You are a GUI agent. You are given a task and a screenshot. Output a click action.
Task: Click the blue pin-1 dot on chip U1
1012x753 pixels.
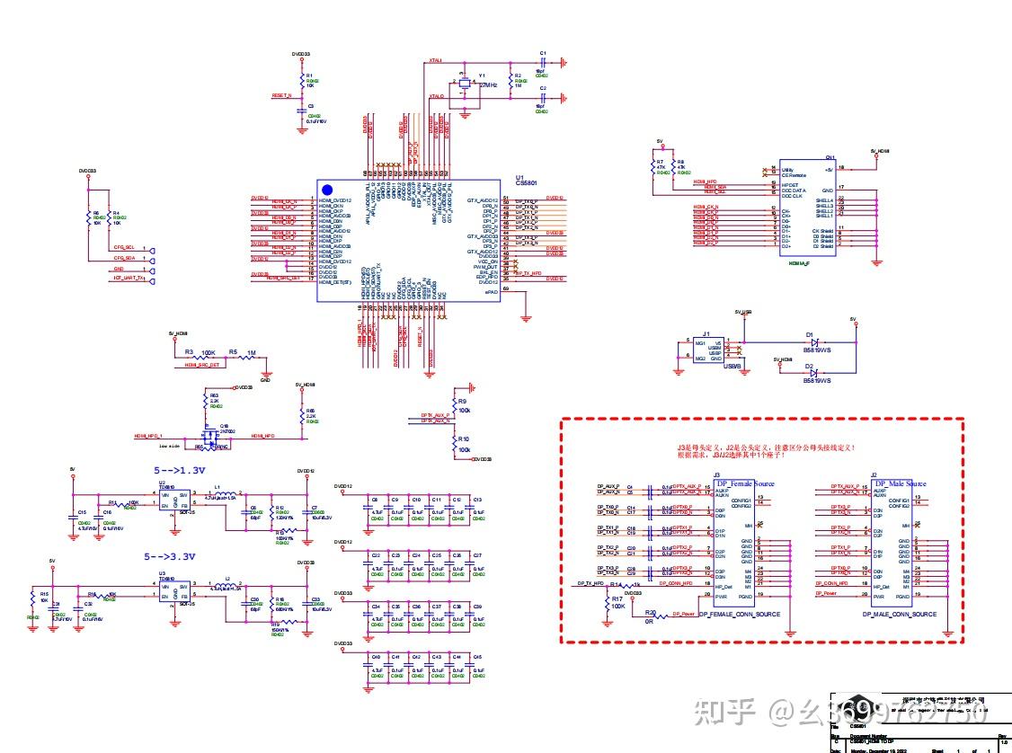[327, 190]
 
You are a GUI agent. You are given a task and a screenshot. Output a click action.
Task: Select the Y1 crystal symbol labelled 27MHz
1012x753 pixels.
[464, 84]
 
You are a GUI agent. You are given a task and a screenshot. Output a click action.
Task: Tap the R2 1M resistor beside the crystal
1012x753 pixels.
[510, 83]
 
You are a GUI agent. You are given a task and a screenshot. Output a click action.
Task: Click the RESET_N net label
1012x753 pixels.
[281, 94]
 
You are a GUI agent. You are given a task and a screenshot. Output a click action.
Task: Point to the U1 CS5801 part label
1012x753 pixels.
[520, 181]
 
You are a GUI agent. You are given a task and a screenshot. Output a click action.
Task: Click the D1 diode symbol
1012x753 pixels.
[813, 342]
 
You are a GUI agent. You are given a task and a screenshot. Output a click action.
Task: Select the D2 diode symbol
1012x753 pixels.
[813, 372]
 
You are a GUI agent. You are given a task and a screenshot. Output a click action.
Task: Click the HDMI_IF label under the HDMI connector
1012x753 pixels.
[798, 262]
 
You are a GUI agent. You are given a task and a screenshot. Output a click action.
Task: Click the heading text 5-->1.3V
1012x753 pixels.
[181, 469]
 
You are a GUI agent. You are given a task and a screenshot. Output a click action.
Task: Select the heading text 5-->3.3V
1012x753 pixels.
[181, 558]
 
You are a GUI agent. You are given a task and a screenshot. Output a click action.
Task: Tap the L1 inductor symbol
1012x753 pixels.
[225, 493]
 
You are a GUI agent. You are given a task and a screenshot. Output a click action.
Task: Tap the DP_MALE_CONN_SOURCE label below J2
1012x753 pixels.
[899, 615]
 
